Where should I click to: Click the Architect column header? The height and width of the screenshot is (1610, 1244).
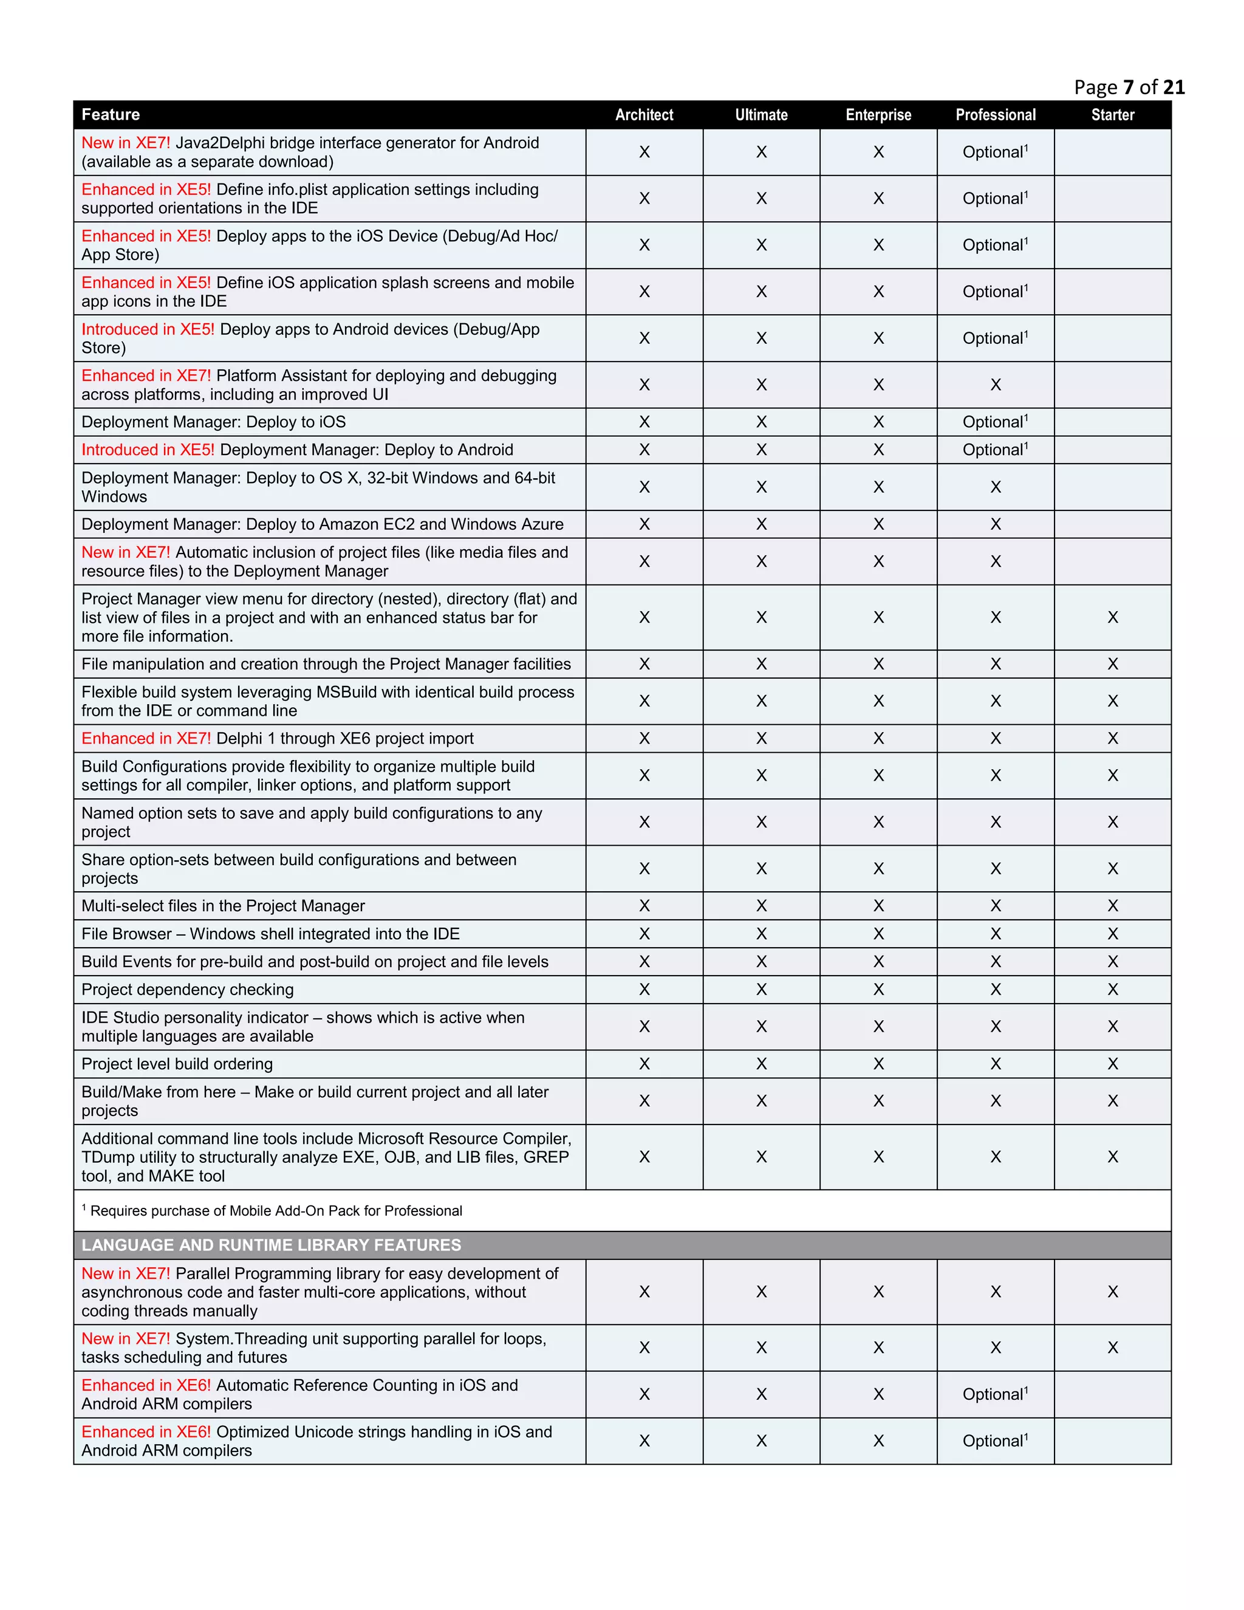coord(643,114)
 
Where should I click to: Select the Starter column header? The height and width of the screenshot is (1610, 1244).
coord(1112,114)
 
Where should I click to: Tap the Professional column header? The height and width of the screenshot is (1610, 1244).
coord(995,114)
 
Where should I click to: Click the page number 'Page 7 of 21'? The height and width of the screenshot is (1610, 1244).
coord(1129,87)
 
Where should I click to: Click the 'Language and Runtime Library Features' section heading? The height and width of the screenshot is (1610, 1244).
coord(271,1244)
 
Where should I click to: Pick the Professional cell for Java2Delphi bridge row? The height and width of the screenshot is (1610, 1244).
coord(995,152)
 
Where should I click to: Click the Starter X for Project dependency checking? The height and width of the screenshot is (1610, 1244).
coord(1112,989)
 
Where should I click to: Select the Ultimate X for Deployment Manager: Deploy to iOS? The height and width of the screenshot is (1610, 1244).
coord(761,422)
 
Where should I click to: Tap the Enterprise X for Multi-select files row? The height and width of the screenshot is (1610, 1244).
coord(878,905)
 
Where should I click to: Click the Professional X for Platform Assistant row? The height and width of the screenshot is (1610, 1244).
coord(995,385)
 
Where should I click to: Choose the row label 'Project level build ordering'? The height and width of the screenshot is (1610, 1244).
coord(177,1064)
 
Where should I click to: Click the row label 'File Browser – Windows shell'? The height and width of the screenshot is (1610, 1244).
coord(270,933)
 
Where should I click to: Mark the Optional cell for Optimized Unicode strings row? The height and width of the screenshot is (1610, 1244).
coord(995,1440)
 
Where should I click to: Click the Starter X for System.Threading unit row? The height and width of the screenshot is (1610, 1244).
coord(1112,1348)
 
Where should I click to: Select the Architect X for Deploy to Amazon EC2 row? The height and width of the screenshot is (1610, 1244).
coord(643,524)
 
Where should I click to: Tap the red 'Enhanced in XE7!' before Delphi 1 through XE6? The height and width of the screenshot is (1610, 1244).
coord(146,738)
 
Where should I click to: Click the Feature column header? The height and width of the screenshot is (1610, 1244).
coord(111,114)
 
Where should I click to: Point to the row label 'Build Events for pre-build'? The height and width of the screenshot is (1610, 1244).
coord(315,961)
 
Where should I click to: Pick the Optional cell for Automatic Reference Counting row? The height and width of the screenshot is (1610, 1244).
coord(995,1394)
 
